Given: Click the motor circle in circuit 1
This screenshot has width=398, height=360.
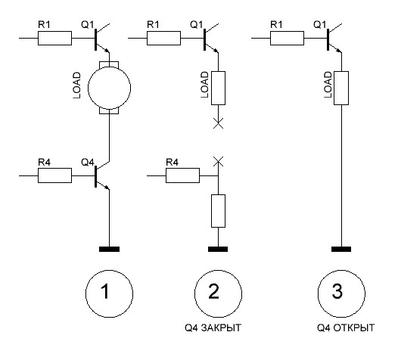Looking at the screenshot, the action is point(88,88).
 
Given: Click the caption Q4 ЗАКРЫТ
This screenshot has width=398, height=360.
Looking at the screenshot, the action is point(213,327).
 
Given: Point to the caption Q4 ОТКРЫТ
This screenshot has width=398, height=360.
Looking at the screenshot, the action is point(346,327).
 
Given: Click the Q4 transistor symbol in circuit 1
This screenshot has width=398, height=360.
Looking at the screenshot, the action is point(96,176).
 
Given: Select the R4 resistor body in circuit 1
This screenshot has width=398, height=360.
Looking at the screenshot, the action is point(54,175).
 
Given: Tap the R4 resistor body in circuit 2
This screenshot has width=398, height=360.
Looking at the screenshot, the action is point(183,175).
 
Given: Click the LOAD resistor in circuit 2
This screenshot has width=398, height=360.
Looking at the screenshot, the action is point(218,88).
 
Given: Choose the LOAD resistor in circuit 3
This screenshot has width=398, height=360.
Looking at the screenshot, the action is point(341,88).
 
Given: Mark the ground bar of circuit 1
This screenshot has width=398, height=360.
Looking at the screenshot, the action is point(109,249).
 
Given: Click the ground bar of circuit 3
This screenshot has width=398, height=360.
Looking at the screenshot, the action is point(341,249).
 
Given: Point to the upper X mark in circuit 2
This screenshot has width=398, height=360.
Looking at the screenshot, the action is point(218,123).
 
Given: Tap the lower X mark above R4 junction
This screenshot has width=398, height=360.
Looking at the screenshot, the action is point(218,162).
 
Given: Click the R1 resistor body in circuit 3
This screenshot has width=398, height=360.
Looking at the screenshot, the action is point(287,39).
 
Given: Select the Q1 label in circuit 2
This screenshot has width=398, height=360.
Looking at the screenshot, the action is point(197,25).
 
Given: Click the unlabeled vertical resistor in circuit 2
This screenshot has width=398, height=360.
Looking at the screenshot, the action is point(218,211).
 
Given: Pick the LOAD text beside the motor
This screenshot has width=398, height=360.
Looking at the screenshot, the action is point(76,85).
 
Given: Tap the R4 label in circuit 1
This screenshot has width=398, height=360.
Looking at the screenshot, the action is point(45,162).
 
